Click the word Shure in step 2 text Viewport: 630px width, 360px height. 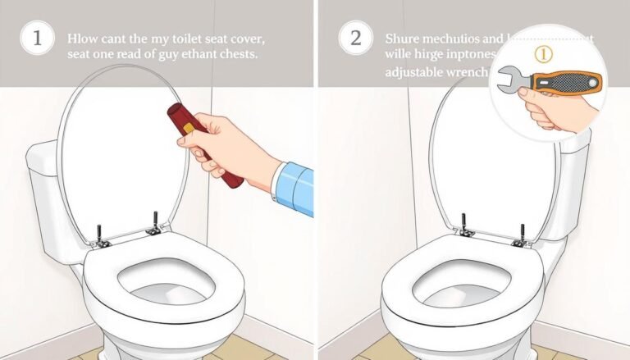pyautogui.click(x=404, y=39)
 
